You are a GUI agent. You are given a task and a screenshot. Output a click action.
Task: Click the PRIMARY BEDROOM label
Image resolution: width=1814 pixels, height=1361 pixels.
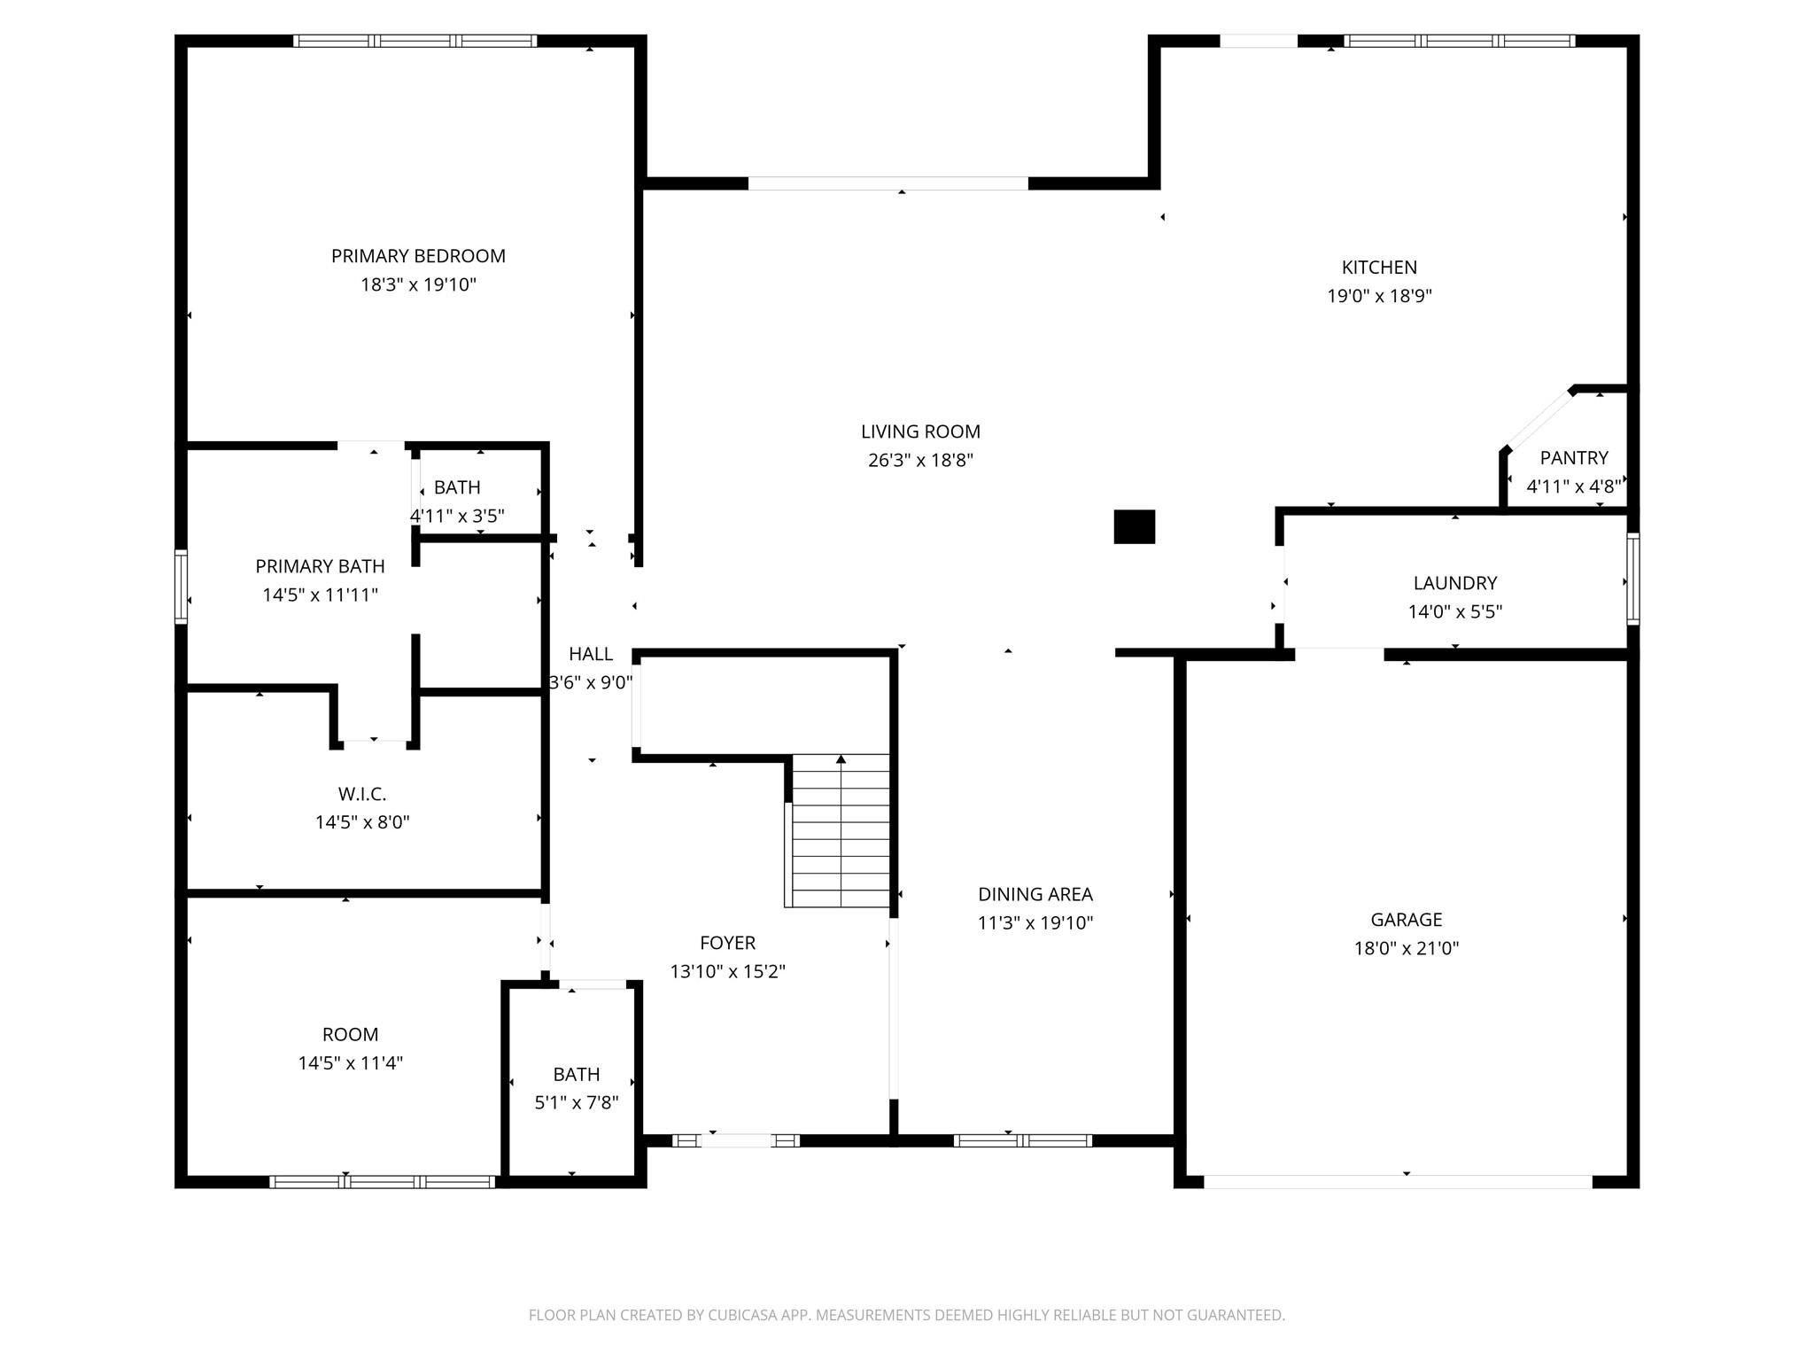click(418, 256)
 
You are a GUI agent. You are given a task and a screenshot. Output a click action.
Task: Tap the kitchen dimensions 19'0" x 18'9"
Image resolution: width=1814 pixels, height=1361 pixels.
click(1379, 296)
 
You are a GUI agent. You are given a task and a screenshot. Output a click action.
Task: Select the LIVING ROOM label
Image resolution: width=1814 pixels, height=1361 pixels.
click(920, 432)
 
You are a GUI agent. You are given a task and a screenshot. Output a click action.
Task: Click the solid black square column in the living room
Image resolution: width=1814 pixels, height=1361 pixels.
click(1135, 526)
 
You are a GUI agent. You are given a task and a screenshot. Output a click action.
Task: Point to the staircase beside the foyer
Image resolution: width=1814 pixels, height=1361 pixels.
click(840, 830)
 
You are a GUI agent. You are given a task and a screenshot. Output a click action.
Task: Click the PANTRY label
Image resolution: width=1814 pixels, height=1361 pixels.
click(1574, 458)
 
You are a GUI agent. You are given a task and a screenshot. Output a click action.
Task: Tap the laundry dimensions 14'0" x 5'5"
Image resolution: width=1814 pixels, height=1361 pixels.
click(1455, 611)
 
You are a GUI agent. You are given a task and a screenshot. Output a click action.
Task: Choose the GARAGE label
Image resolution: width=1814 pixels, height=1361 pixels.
click(1407, 920)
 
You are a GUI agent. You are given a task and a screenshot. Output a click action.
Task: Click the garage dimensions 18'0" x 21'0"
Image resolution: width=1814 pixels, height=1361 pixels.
click(1407, 948)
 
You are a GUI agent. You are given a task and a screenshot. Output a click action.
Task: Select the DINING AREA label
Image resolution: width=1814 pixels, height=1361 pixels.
click(1035, 894)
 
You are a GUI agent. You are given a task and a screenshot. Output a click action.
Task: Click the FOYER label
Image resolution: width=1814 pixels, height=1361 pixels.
click(727, 943)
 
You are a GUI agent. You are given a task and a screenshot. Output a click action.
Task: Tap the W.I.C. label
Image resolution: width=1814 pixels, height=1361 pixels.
click(362, 794)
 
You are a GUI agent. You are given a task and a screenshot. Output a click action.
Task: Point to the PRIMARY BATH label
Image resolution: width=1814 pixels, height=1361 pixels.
click(320, 566)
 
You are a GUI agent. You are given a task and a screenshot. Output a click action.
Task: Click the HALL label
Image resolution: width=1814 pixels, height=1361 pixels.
click(591, 654)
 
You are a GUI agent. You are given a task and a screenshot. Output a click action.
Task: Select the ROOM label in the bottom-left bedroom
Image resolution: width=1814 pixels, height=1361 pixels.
click(350, 1034)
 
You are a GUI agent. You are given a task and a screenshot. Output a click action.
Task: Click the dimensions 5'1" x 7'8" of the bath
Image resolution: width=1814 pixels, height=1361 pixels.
click(577, 1102)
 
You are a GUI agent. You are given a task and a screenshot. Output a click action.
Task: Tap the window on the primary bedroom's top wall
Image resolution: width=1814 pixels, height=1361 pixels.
click(415, 41)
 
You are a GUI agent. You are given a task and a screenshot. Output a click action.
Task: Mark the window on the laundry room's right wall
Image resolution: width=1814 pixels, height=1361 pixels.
click(1633, 579)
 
